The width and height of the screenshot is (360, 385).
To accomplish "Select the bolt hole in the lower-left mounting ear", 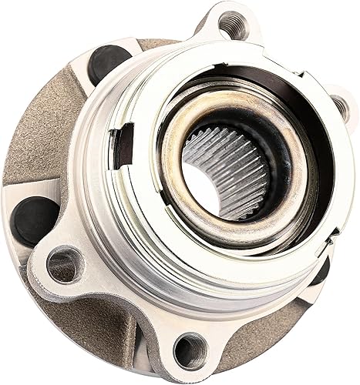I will coord(62,265).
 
